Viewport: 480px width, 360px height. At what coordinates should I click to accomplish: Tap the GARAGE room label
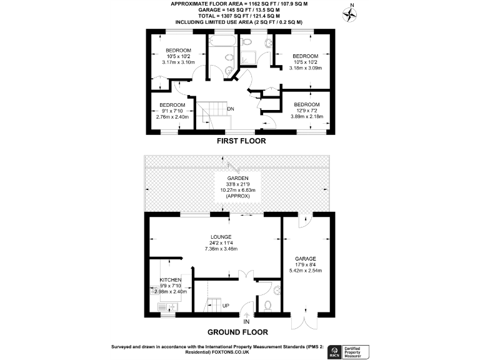tap(305, 259)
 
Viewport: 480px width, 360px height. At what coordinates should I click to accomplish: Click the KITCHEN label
tap(171, 280)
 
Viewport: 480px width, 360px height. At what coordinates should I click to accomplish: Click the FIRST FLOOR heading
tap(241, 141)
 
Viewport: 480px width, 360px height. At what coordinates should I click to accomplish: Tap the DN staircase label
tap(230, 109)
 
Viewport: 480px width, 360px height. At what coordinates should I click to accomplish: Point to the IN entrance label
tap(246, 322)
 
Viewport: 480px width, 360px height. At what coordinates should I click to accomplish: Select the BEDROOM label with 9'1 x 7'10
tap(172, 104)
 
